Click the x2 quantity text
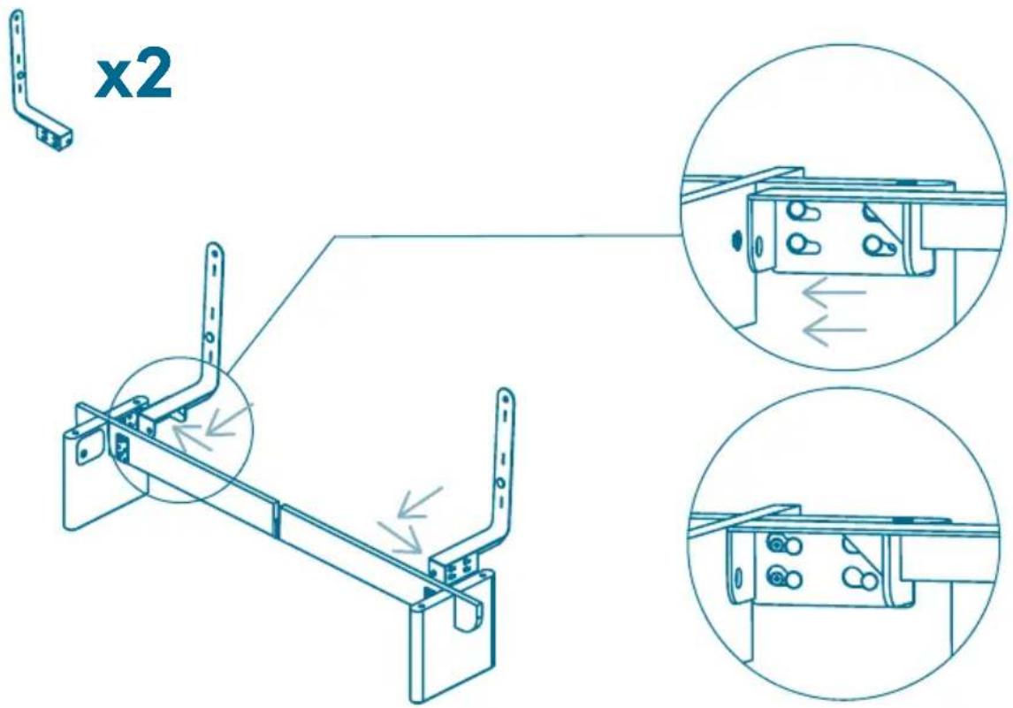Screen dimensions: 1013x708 (x=133, y=77)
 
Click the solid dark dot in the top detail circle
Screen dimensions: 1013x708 (x=735, y=240)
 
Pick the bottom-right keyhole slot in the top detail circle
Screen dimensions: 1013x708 (x=879, y=246)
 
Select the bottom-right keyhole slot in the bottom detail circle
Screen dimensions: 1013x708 (x=860, y=580)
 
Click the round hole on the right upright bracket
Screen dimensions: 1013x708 (x=501, y=483)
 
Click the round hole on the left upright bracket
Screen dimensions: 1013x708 (x=209, y=337)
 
